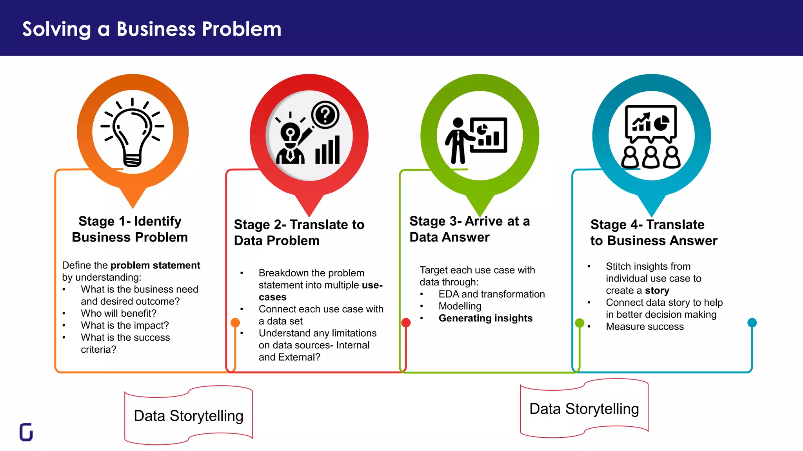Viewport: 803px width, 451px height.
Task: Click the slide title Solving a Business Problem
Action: tap(152, 29)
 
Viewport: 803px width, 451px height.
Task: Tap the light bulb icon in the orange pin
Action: tap(133, 133)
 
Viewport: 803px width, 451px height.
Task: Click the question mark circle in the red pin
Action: tap(325, 115)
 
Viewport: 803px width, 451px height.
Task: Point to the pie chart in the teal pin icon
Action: tap(661, 123)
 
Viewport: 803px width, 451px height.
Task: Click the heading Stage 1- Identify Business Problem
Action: tap(130, 229)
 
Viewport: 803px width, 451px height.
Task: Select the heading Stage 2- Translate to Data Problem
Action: tap(299, 232)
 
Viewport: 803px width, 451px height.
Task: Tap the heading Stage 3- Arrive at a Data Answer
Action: tap(469, 229)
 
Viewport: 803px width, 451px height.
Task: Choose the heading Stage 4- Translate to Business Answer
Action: tap(654, 232)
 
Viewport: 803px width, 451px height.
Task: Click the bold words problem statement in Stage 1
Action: tap(155, 265)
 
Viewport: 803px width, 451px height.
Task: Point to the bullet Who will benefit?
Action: tap(118, 313)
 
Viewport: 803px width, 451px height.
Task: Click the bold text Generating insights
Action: tap(485, 318)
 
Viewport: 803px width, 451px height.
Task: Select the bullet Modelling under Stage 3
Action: tap(460, 306)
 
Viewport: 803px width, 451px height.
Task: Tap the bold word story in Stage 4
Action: tap(657, 290)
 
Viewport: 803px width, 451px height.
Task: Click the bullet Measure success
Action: tap(645, 327)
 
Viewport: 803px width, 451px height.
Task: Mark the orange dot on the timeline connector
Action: tap(235, 323)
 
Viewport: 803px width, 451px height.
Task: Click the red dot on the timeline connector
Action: tap(406, 323)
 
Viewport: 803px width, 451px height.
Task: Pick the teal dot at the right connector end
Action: tap(752, 323)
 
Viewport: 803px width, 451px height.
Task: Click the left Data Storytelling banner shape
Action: tap(189, 416)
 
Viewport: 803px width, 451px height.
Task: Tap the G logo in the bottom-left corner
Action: tap(26, 432)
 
